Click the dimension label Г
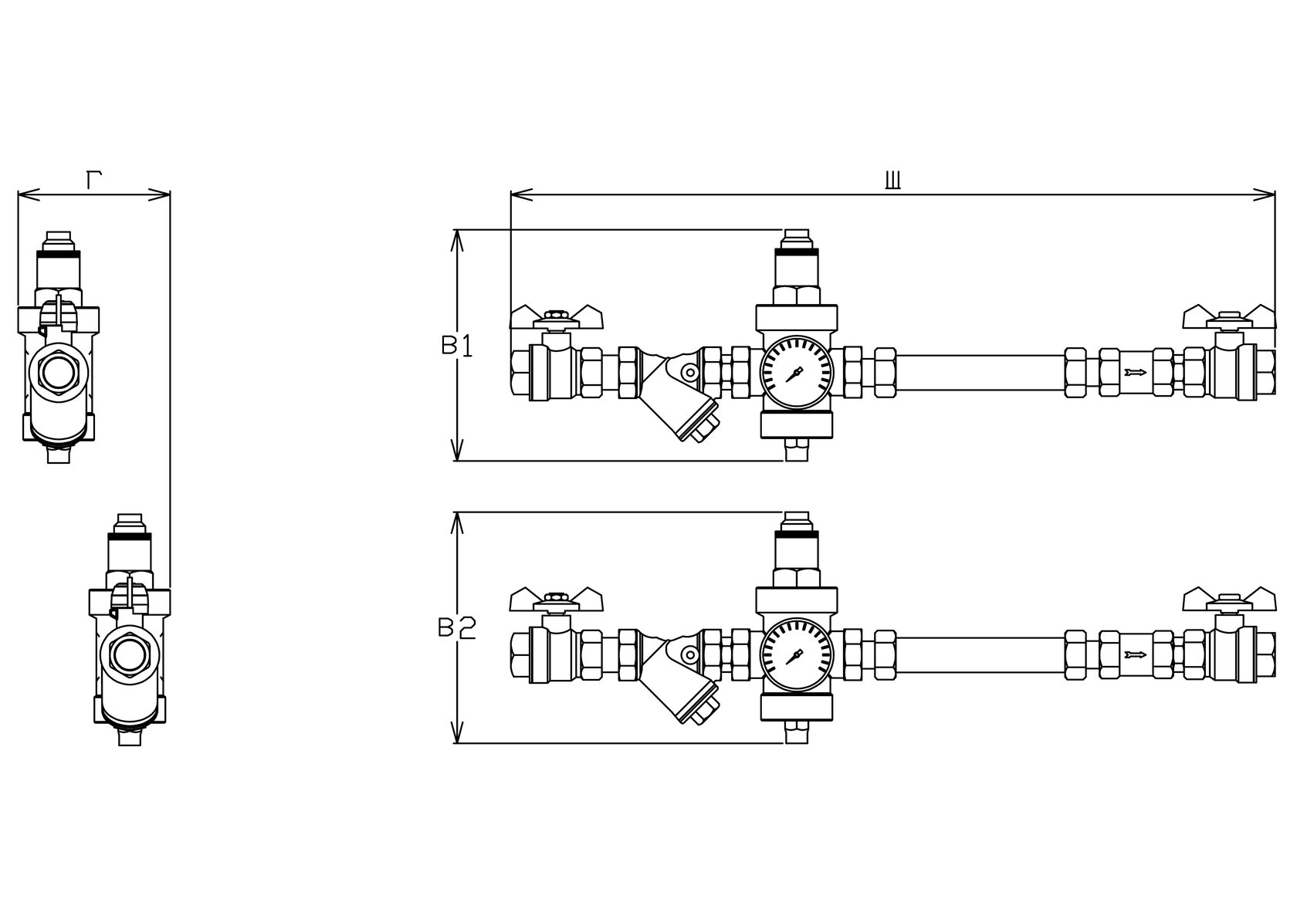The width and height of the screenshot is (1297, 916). tap(94, 180)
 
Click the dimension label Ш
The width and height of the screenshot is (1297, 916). tap(892, 181)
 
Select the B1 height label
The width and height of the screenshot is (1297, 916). tap(457, 346)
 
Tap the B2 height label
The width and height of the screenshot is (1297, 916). tap(457, 628)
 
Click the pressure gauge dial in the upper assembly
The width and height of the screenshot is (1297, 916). tap(797, 373)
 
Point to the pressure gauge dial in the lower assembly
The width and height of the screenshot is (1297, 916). tap(797, 656)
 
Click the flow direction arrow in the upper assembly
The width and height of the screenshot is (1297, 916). tap(1136, 373)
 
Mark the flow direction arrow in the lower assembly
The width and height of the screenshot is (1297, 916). tap(1136, 655)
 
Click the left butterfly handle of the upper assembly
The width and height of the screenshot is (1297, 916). tap(557, 318)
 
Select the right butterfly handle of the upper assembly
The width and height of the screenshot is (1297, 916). tap(1229, 318)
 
